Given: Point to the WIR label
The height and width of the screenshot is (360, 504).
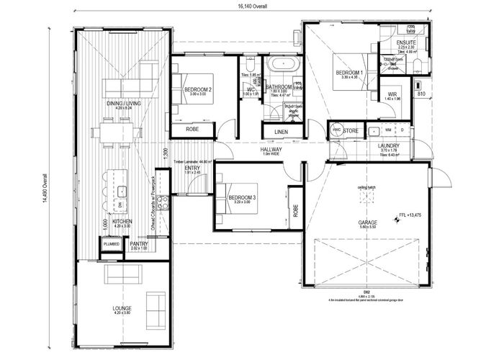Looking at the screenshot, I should click(393, 94).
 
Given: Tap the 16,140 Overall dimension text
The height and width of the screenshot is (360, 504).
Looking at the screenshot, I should click(249, 6).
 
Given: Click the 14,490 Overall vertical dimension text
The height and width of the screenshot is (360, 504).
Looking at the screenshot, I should click(45, 188).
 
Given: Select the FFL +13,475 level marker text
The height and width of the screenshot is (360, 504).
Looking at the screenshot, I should click(413, 215).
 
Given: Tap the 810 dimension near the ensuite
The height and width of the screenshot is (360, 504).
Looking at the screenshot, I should click(422, 94).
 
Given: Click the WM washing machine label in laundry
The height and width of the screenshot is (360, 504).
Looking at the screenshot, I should click(388, 130).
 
